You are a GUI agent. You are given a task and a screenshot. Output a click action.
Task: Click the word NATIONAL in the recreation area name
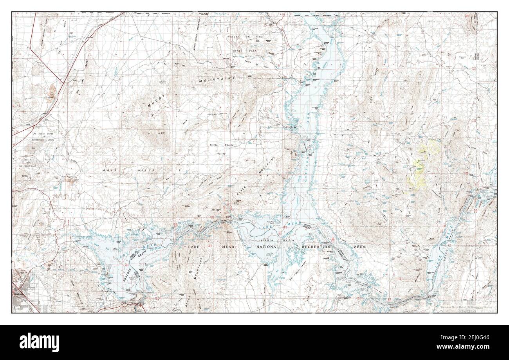click(267, 247)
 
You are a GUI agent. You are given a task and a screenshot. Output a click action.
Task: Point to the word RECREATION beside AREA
click(316, 247)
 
